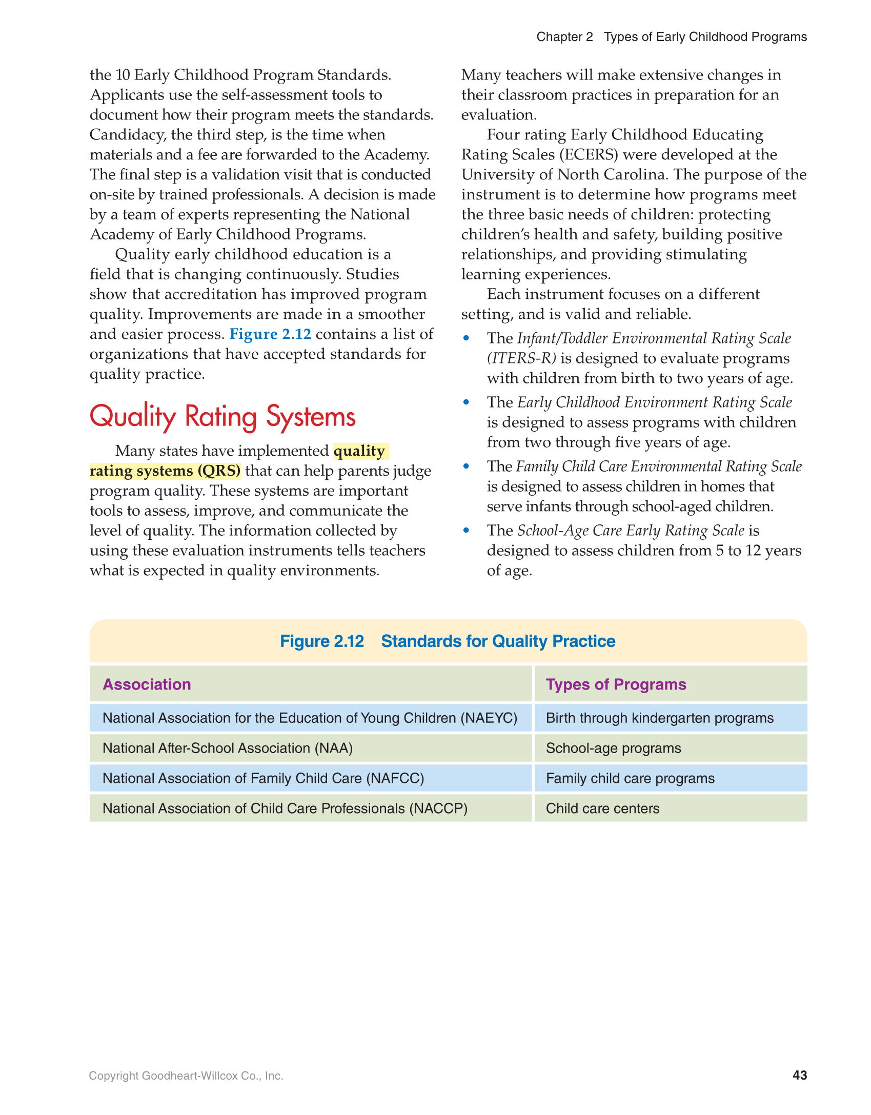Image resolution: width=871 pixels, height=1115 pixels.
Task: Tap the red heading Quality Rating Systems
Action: click(x=222, y=416)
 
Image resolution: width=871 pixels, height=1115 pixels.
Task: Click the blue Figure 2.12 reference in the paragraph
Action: click(x=270, y=334)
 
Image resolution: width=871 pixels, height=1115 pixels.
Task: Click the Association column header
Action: click(x=147, y=684)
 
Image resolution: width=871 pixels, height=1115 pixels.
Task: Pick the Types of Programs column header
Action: click(x=616, y=684)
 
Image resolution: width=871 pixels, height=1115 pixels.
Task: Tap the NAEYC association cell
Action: click(x=310, y=718)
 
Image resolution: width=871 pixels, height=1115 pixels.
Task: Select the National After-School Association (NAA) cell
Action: click(x=228, y=748)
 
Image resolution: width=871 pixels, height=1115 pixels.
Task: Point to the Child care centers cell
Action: click(x=602, y=808)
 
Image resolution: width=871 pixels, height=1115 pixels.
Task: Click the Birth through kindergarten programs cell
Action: click(x=659, y=718)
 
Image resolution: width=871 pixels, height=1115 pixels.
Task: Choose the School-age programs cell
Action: click(x=613, y=748)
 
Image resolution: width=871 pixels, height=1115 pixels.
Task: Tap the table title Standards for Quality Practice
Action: click(x=498, y=641)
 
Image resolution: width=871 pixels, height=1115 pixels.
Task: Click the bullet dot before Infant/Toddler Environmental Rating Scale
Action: click(x=466, y=338)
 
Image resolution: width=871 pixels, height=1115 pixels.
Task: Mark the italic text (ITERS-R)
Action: click(x=521, y=358)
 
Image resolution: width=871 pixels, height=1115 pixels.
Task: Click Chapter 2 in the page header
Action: click(x=564, y=37)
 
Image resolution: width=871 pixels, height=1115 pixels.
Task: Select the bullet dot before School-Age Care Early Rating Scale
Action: click(x=466, y=530)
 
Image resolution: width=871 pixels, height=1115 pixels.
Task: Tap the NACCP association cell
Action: click(x=285, y=808)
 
